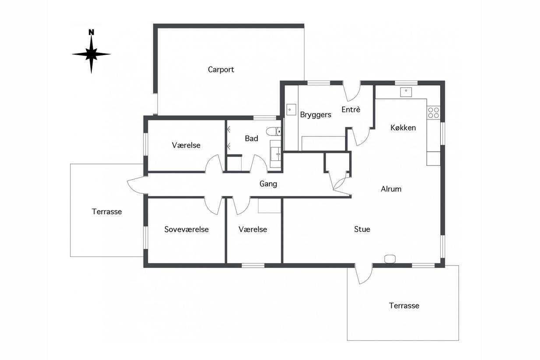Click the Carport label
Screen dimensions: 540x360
coord(221,70)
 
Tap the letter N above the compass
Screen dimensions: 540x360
coord(91,32)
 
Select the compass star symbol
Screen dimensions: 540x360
coord(91,54)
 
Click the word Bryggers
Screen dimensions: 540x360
coord(316,115)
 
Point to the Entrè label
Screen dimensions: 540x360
coord(351,110)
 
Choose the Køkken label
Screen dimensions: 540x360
coord(403,127)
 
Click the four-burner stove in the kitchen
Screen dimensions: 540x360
coord(433,113)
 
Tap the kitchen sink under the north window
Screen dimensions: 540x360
coord(406,92)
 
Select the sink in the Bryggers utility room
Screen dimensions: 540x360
coord(291,110)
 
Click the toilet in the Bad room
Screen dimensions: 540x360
coord(274,132)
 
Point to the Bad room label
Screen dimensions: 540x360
coord(252,138)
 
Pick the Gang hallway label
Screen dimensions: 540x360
coord(268,184)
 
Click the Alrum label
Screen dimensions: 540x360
coord(391,189)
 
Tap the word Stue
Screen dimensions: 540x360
coord(362,229)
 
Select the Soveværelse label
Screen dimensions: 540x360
coord(186,229)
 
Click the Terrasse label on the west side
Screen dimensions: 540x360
coord(107,212)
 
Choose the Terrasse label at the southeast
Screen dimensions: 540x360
coord(404,306)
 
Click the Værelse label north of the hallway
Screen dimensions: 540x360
coord(186,145)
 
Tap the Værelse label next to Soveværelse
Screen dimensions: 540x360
coord(253,229)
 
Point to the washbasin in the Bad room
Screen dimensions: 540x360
coord(275,154)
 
